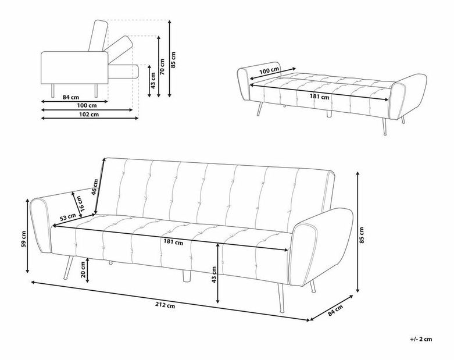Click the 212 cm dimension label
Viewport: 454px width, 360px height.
[x=165, y=305]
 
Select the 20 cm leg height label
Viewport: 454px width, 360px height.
[x=83, y=269]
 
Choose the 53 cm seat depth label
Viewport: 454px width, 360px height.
[x=68, y=217]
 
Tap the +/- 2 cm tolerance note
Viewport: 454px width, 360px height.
[x=421, y=339]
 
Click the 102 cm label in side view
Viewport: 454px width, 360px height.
[x=89, y=115]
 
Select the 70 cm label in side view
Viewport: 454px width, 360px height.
[x=162, y=67]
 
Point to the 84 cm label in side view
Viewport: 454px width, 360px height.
[x=71, y=97]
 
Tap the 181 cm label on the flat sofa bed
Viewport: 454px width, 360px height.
[x=319, y=97]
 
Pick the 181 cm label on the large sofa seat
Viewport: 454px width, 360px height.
[x=173, y=241]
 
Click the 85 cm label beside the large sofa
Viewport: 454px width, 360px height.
[x=362, y=235]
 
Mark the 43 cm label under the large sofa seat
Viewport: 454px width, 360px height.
[x=214, y=275]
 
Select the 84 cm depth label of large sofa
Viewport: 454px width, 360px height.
[x=335, y=310]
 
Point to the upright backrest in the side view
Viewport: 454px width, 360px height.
[x=98, y=35]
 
